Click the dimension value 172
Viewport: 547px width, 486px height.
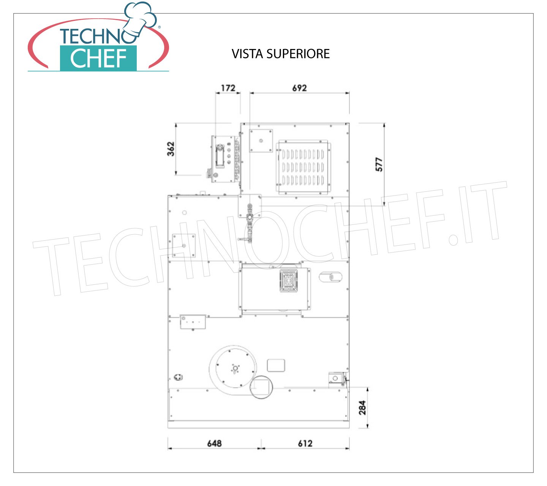pyautogui.click(x=228, y=88)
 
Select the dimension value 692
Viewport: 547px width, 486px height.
pyautogui.click(x=299, y=88)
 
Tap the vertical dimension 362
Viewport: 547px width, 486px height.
pyautogui.click(x=171, y=149)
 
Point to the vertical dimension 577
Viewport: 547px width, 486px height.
pyautogui.click(x=379, y=164)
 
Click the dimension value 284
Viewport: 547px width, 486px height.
pyautogui.click(x=362, y=407)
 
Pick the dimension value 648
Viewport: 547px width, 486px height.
pyautogui.click(x=214, y=443)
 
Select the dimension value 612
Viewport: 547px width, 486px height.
pyautogui.click(x=305, y=443)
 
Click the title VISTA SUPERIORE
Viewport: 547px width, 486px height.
pyautogui.click(x=280, y=54)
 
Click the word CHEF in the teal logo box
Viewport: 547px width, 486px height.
pyautogui.click(x=98, y=58)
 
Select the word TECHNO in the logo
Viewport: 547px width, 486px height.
pyautogui.click(x=98, y=36)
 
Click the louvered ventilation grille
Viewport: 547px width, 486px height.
pyautogui.click(x=303, y=167)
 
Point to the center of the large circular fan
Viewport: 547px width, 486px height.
pyautogui.click(x=235, y=368)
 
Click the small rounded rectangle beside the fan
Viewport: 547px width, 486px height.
pyautogui.click(x=276, y=365)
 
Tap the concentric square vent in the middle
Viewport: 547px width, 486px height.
pyautogui.click(x=289, y=281)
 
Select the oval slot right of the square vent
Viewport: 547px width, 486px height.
pyautogui.click(x=330, y=277)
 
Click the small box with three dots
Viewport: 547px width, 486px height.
pyautogui.click(x=193, y=322)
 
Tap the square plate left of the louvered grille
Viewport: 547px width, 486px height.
pyautogui.click(x=261, y=140)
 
